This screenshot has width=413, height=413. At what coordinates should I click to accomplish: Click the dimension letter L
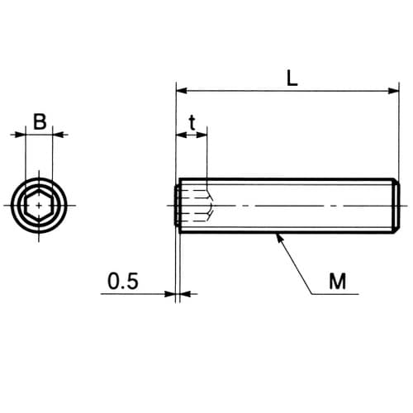pyautogui.click(x=292, y=78)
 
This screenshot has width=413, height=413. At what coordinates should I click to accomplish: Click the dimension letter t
pyautogui.click(x=192, y=123)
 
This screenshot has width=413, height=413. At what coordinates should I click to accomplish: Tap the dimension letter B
pyautogui.click(x=40, y=121)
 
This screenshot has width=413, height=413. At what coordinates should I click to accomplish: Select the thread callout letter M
pyautogui.click(x=338, y=281)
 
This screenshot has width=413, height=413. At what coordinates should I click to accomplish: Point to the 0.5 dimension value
pyautogui.click(x=123, y=281)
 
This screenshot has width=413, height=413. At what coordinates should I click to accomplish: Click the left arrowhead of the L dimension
pyautogui.click(x=182, y=90)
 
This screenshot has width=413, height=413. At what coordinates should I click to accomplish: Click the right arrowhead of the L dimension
pyautogui.click(x=393, y=91)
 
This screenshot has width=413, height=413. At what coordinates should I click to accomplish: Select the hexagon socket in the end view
pyautogui.click(x=39, y=206)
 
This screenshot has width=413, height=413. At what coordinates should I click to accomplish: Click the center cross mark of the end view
pyautogui.click(x=39, y=206)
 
